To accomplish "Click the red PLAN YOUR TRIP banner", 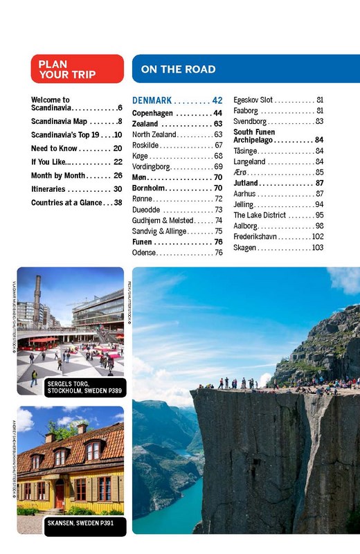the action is [77, 69].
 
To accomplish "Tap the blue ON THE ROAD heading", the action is [178, 69].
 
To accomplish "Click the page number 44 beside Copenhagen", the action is [217, 113].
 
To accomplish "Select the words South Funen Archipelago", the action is [263, 135].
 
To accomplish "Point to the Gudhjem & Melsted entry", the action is [163, 220].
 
